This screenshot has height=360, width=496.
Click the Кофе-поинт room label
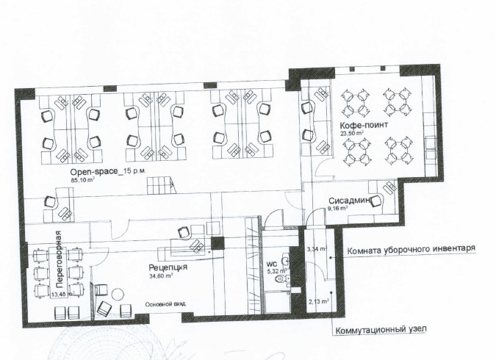point(364,125)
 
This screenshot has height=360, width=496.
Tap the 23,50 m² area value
point(351,133)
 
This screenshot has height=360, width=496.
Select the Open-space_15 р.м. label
point(108,172)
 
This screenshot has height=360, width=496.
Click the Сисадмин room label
point(350,201)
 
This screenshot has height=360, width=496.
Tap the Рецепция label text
point(168,267)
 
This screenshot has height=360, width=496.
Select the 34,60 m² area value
point(161,276)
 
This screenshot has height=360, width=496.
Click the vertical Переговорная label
point(58,259)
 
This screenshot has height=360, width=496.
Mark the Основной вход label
point(165,304)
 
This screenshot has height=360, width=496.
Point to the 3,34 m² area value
point(317,249)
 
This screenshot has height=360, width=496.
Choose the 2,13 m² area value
point(318,301)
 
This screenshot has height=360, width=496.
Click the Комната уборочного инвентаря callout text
point(411,250)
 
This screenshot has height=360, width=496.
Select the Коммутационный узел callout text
point(381,330)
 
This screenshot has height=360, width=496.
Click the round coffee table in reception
point(118,295)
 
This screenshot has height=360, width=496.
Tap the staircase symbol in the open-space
point(161,186)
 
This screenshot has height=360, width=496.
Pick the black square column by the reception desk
point(218,244)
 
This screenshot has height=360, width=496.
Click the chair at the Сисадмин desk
point(376,201)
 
